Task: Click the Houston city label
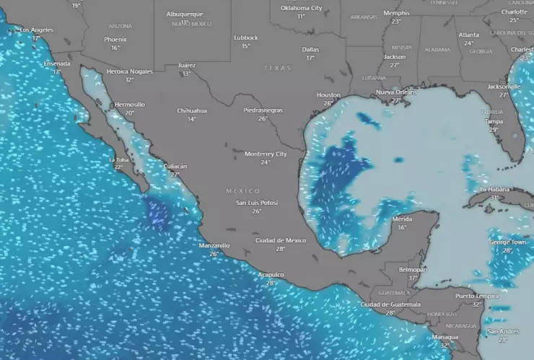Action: (328, 95)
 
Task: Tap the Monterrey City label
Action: (266, 154)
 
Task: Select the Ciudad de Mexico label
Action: (280, 240)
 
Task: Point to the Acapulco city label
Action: (271, 274)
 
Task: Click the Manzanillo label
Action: (214, 245)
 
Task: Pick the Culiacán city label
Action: (175, 166)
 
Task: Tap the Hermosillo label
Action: (129, 105)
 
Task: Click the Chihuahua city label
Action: (192, 110)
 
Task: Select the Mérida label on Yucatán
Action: (402, 219)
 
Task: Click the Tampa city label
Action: (494, 121)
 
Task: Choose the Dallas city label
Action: (310, 49)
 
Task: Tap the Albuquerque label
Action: (185, 14)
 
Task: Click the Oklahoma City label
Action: (301, 8)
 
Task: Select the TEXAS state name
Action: (278, 68)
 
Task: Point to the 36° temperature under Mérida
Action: (402, 227)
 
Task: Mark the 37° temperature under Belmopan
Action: (413, 278)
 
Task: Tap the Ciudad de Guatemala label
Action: (390, 304)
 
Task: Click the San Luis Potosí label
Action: (257, 203)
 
